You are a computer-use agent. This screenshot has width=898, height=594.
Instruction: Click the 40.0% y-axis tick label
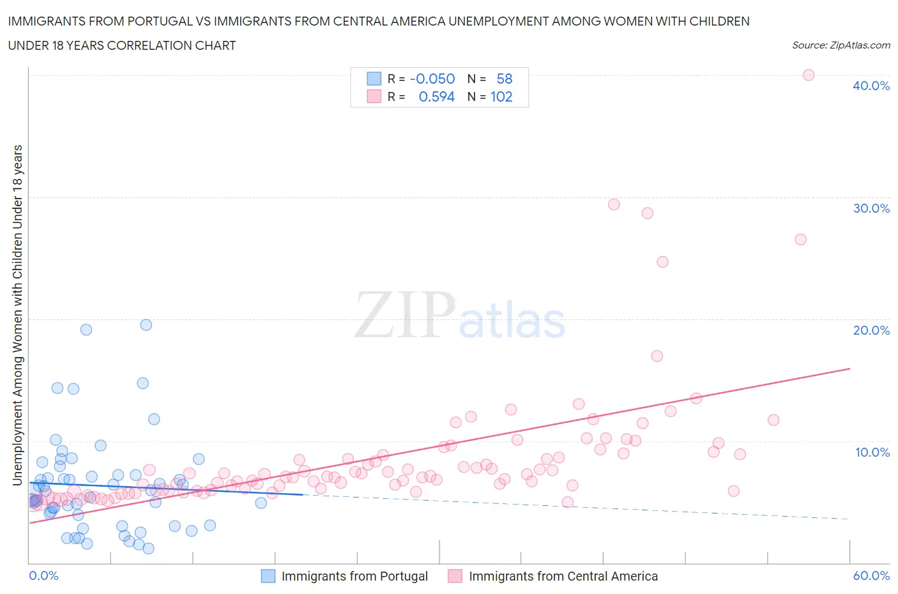click(871, 86)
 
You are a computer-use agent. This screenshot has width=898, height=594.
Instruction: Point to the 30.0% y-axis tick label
click(871, 208)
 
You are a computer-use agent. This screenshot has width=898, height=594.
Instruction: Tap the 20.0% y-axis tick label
click(871, 330)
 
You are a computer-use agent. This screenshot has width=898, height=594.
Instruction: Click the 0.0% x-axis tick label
click(43, 575)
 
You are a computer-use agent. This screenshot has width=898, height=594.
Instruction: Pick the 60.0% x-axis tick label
click(871, 575)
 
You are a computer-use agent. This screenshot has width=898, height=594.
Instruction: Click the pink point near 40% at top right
click(808, 75)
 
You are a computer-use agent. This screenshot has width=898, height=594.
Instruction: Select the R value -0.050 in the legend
click(432, 79)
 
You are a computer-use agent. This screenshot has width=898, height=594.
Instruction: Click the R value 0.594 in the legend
click(436, 96)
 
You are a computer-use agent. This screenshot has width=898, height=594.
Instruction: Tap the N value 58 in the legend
click(504, 79)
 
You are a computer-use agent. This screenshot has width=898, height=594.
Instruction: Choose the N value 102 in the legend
click(501, 96)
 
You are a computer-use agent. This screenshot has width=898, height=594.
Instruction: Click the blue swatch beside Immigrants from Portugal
click(268, 576)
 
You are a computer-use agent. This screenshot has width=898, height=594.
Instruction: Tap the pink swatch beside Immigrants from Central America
click(455, 576)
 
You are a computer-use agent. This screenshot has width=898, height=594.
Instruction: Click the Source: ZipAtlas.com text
click(841, 45)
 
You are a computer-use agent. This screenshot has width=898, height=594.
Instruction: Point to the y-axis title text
click(17, 314)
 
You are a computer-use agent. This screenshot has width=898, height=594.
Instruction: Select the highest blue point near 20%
click(146, 324)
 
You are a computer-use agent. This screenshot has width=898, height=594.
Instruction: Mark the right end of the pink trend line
click(849, 369)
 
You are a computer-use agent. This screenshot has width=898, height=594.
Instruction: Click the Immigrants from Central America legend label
click(563, 576)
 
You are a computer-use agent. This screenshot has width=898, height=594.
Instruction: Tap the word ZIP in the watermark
click(404, 316)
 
